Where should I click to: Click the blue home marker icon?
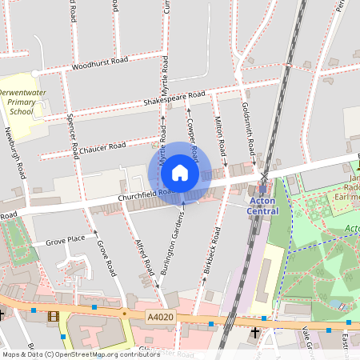click(180, 172)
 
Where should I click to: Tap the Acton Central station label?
click(264, 205)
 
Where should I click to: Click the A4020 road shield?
click(159, 318)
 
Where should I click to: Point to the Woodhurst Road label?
click(100, 63)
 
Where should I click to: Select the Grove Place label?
click(65, 240)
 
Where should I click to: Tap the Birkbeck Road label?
click(212, 254)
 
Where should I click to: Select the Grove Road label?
click(106, 258)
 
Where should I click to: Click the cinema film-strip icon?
click(53, 317)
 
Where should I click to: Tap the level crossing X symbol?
click(264, 176)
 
